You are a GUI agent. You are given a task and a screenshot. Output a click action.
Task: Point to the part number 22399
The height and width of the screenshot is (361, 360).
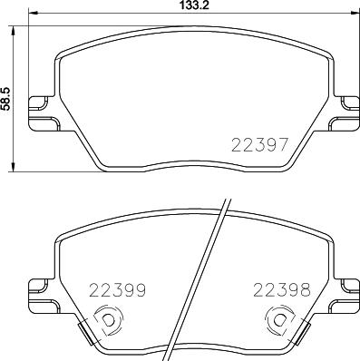point(116,291)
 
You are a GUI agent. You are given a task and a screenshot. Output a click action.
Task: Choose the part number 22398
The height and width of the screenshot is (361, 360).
point(283,291)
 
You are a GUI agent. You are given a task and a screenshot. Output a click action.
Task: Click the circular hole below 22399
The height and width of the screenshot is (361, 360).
point(107,320)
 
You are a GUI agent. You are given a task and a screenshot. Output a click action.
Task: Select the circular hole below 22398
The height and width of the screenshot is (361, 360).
point(279,320)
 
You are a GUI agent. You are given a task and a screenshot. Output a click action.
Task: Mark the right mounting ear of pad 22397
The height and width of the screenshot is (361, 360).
point(348,112)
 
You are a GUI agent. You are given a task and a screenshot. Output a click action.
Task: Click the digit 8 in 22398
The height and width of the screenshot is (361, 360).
point(306,291)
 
